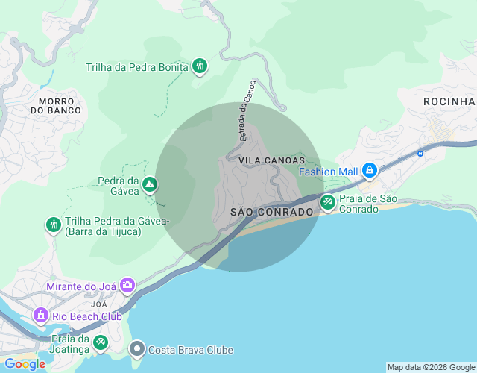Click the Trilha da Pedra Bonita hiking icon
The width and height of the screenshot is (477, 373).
pyautogui.click(x=199, y=67)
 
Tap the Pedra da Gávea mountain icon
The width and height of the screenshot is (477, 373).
pyautogui.click(x=150, y=184)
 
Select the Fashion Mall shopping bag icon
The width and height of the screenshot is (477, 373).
pyautogui.click(x=369, y=171)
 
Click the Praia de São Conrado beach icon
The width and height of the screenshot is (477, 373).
pyautogui.click(x=328, y=201)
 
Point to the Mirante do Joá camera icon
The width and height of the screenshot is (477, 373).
pyautogui.click(x=127, y=286)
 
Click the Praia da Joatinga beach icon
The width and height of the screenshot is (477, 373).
pyautogui.click(x=101, y=343)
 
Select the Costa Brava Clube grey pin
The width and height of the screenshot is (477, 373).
pyautogui.click(x=137, y=349)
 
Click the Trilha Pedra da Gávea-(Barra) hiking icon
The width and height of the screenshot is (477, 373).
pyautogui.click(x=53, y=225)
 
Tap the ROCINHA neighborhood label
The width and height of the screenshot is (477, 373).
pyautogui.click(x=449, y=101)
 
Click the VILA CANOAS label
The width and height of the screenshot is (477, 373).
pyautogui.click(x=272, y=160)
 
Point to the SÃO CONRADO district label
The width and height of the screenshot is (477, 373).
pyautogui.click(x=271, y=212)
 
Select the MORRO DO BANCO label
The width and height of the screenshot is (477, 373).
pyautogui.click(x=56, y=105)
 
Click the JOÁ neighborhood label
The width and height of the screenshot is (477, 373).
pyautogui.click(x=98, y=304)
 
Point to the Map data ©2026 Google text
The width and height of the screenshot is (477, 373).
pyautogui.click(x=430, y=367)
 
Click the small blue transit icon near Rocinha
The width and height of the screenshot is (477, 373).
pyautogui.click(x=420, y=154)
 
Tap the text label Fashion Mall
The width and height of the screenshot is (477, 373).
pyautogui.click(x=329, y=171)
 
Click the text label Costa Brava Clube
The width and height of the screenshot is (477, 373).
pyautogui.click(x=191, y=350)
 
